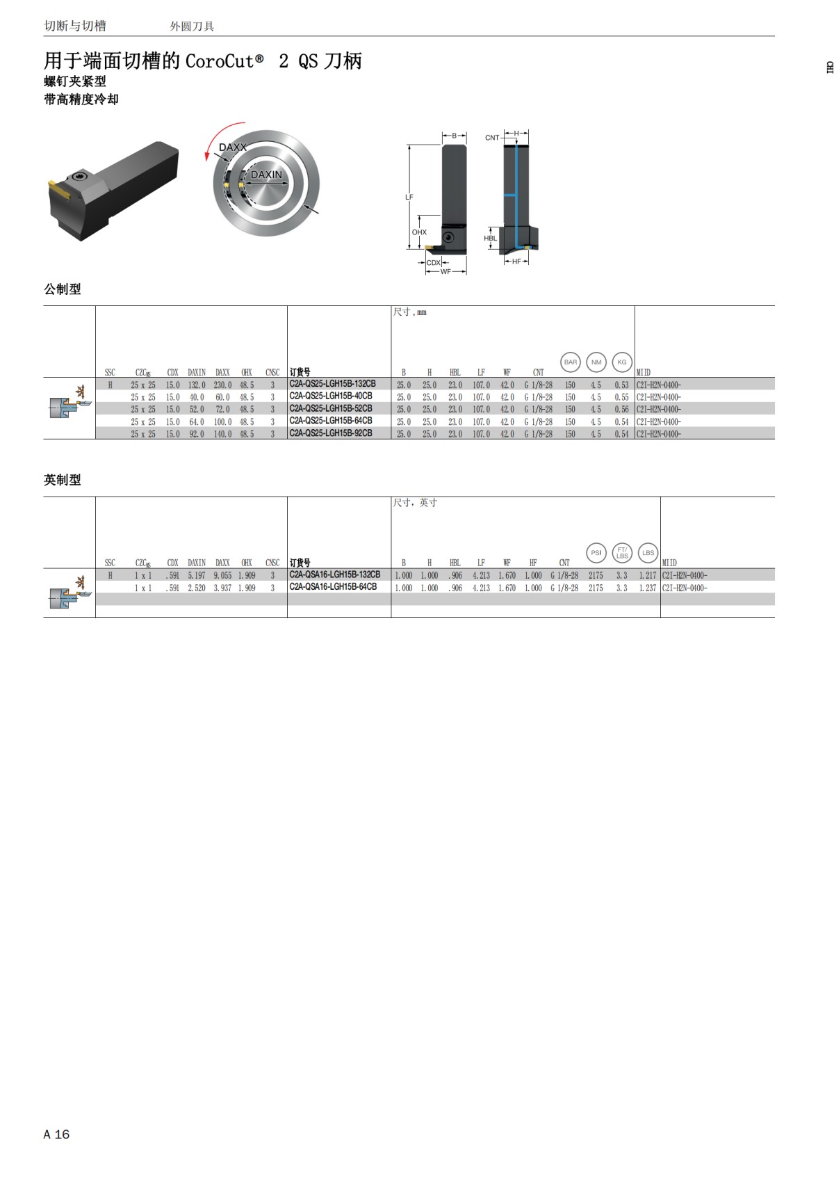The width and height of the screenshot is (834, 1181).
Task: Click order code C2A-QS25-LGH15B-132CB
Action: [332, 384]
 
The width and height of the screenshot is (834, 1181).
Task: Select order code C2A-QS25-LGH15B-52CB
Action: [331, 408]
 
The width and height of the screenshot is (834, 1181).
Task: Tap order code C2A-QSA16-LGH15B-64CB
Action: [333, 587]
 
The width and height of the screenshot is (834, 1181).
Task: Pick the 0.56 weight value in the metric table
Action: [622, 410]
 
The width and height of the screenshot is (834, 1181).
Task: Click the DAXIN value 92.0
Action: [197, 435]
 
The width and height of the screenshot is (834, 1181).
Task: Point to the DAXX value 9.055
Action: [222, 575]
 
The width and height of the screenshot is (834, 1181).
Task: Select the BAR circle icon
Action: [571, 362]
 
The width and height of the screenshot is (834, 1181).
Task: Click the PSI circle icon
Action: [596, 553]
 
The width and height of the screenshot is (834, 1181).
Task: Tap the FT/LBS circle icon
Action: [622, 553]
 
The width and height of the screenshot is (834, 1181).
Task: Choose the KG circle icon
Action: [622, 362]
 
